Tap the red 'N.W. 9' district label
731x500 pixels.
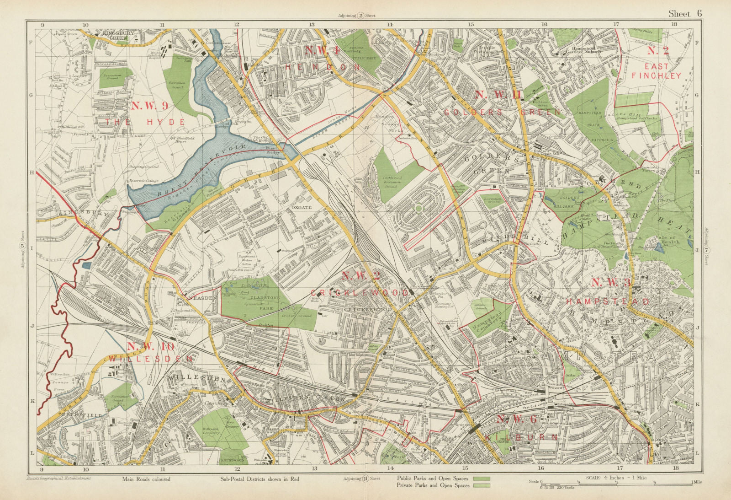click(x=150, y=106)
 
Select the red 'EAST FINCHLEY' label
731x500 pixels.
click(x=657, y=71)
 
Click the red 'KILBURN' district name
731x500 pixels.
click(x=521, y=437)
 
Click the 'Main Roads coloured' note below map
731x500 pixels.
click(x=146, y=479)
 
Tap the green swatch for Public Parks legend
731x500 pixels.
click(x=482, y=478)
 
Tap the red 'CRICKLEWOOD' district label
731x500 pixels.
click(x=360, y=292)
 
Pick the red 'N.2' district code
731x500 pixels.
click(x=658, y=51)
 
